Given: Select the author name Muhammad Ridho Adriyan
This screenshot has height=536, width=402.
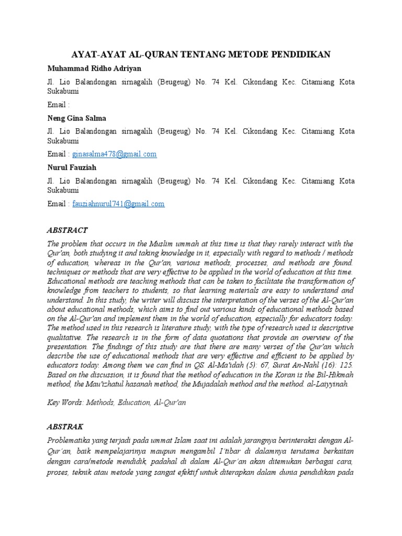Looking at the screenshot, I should pyautogui.click(x=94, y=69).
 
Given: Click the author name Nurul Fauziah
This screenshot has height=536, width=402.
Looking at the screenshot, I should pyautogui.click(x=72, y=167).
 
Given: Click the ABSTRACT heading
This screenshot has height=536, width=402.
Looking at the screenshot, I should pyautogui.click(x=68, y=230).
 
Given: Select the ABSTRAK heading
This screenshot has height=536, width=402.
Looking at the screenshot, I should pyautogui.click(x=65, y=427).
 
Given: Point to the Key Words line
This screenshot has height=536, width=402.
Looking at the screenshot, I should pyautogui.click(x=116, y=403).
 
